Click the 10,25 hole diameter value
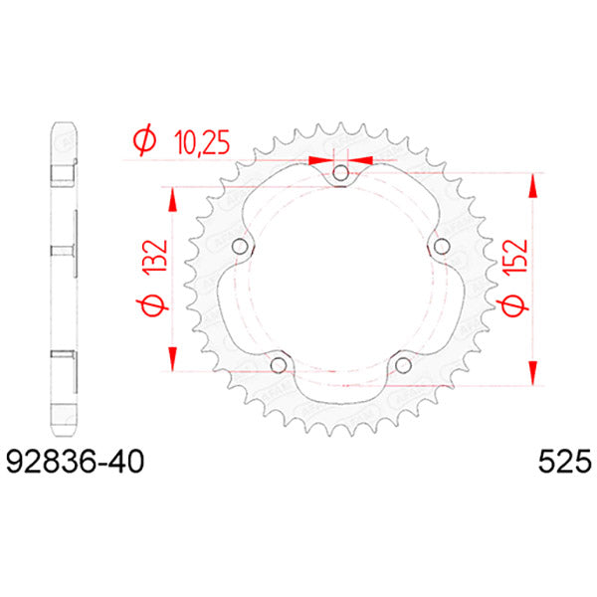point(197,144)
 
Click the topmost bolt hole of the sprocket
point(341,174)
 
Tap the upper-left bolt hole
point(239,248)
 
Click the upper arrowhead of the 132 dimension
point(173,197)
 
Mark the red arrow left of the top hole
point(319,159)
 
